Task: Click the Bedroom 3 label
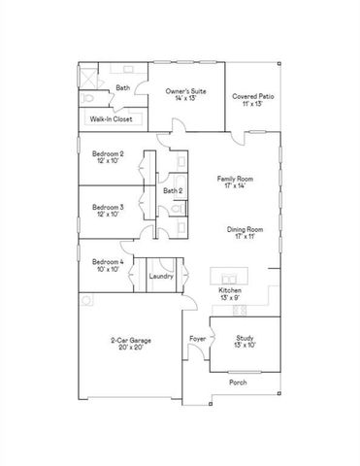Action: pyautogui.click(x=108, y=207)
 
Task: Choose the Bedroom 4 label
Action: pyautogui.click(x=107, y=261)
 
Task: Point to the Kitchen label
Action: pyautogui.click(x=230, y=290)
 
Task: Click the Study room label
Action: pyautogui.click(x=245, y=338)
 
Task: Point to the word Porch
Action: pyautogui.click(x=238, y=383)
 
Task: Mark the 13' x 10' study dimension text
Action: pyautogui.click(x=245, y=346)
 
